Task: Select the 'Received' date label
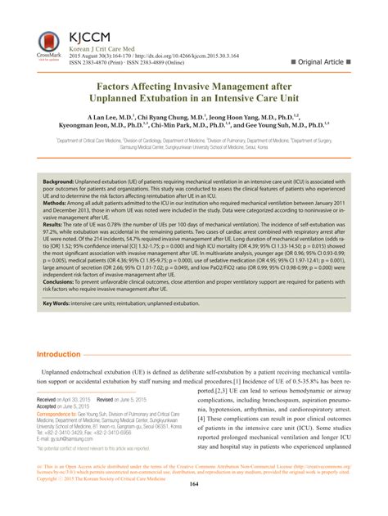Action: click(49, 401)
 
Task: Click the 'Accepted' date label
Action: click(49, 407)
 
